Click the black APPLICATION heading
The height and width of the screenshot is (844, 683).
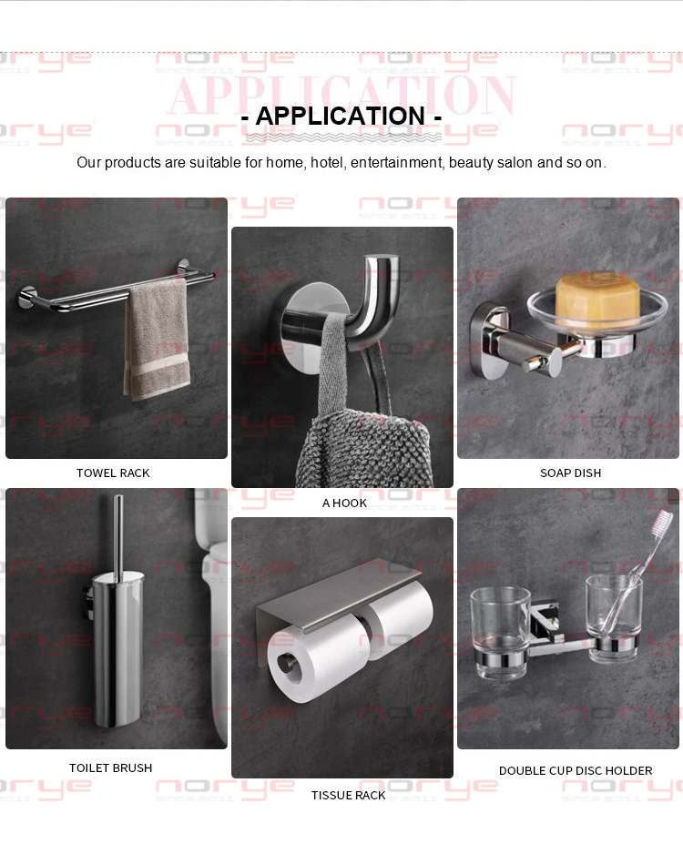(x=341, y=117)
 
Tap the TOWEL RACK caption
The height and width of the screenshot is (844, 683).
(x=113, y=473)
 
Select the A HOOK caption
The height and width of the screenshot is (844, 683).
(x=344, y=503)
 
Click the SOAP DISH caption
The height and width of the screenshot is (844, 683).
(x=570, y=473)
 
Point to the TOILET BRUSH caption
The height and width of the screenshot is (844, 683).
(x=110, y=768)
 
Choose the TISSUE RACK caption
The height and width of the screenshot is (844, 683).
(x=348, y=795)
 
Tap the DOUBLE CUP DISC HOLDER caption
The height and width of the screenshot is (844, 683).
(x=576, y=771)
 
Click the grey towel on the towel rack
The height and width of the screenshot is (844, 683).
(x=158, y=341)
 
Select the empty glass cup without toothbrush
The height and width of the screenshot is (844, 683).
(x=500, y=633)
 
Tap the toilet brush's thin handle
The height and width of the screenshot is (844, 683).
(x=117, y=536)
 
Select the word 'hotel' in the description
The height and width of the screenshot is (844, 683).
(x=327, y=163)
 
